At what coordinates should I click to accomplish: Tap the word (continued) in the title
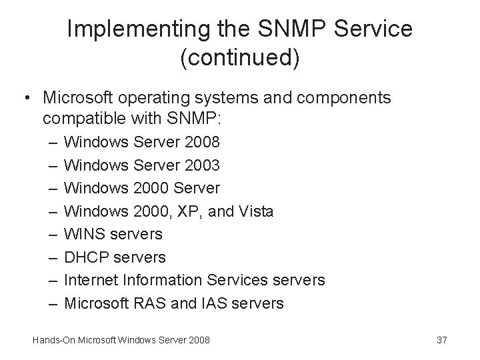click(240, 58)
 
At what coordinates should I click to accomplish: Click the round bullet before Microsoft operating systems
click(25, 98)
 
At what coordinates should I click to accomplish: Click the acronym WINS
click(85, 235)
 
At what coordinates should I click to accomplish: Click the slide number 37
click(441, 341)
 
